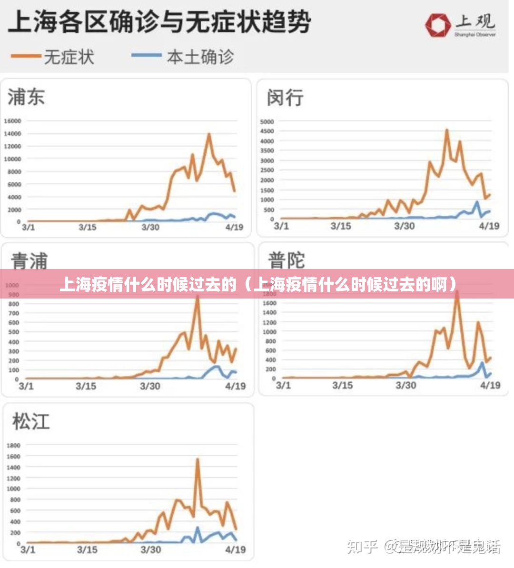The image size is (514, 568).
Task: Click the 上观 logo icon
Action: point(438,25)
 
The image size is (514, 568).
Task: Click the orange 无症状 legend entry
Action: point(52,57)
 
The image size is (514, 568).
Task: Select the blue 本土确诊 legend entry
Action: point(183,57)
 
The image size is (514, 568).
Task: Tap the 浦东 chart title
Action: point(26,97)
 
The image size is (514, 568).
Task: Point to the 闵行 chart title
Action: point(285,98)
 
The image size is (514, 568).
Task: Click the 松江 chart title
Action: point(31,422)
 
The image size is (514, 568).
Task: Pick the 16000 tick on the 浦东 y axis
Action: point(12,121)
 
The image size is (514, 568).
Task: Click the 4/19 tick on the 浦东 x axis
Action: point(234,228)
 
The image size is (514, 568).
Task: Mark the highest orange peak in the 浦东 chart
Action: point(209,134)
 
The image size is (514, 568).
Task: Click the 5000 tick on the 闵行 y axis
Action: point(267,122)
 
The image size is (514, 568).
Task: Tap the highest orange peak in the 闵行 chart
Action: point(447,130)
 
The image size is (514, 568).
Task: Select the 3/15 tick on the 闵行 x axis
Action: point(341,226)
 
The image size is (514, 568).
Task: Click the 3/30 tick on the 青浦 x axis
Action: point(150,386)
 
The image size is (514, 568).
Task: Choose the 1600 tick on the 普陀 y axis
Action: point(269,303)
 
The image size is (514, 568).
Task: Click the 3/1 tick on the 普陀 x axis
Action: point(283,385)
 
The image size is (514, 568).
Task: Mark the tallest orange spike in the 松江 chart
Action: point(198,459)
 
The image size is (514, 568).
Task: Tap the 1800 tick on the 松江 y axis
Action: point(13,446)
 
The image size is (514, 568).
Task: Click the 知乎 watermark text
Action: point(362,547)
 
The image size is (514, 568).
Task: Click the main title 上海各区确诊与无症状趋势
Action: point(159,22)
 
